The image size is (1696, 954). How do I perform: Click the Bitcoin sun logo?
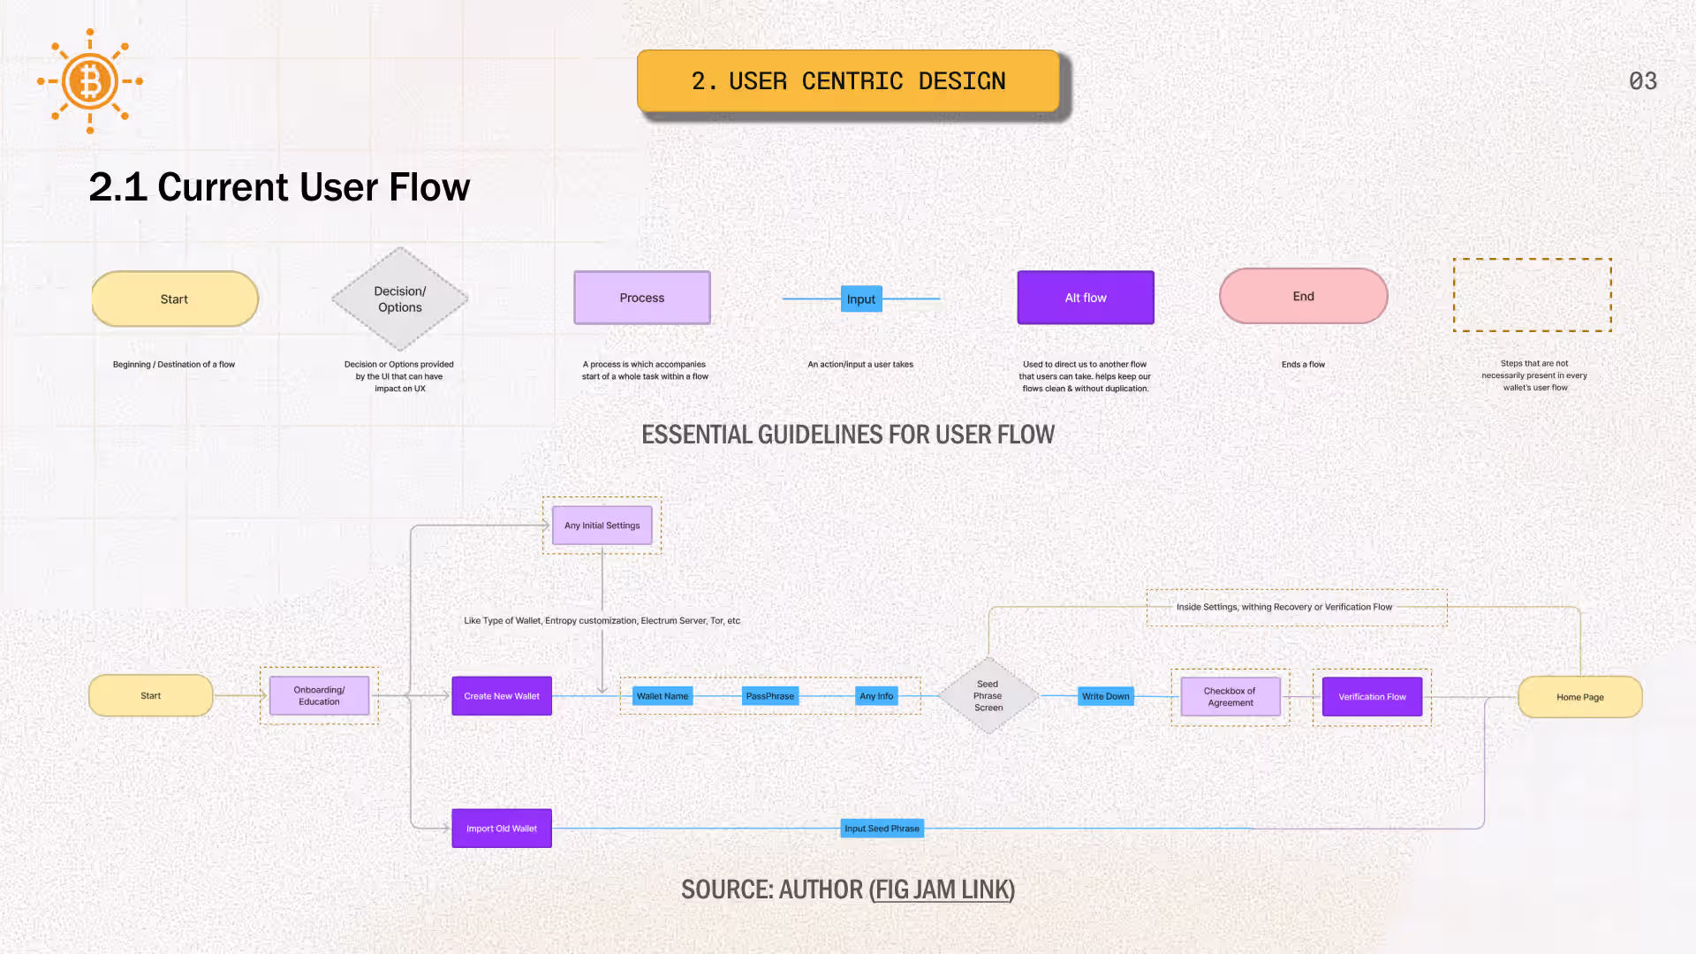click(90, 81)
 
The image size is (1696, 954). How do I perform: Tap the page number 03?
click(1643, 81)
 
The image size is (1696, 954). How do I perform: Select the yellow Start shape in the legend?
click(175, 299)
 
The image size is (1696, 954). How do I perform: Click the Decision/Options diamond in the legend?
click(400, 299)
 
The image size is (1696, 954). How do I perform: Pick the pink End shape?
click(1304, 296)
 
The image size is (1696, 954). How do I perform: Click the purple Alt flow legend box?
click(1086, 298)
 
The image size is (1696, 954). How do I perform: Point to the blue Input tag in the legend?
click(861, 299)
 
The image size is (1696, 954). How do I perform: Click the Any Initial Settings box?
click(602, 526)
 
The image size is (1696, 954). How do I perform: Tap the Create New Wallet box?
click(502, 696)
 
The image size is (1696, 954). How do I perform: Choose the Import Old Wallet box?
click(502, 829)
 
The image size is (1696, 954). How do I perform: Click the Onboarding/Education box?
click(319, 696)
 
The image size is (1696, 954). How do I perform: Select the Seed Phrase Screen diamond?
click(988, 696)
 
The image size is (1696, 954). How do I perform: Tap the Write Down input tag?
click(1106, 696)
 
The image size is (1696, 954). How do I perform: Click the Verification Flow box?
click(1372, 697)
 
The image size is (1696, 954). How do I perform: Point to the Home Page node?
click(1580, 697)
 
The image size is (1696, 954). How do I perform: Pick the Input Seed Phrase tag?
click(882, 829)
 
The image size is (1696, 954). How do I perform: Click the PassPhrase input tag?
click(770, 696)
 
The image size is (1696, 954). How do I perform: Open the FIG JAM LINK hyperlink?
click(943, 890)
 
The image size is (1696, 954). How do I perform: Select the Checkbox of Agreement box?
click(1230, 697)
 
